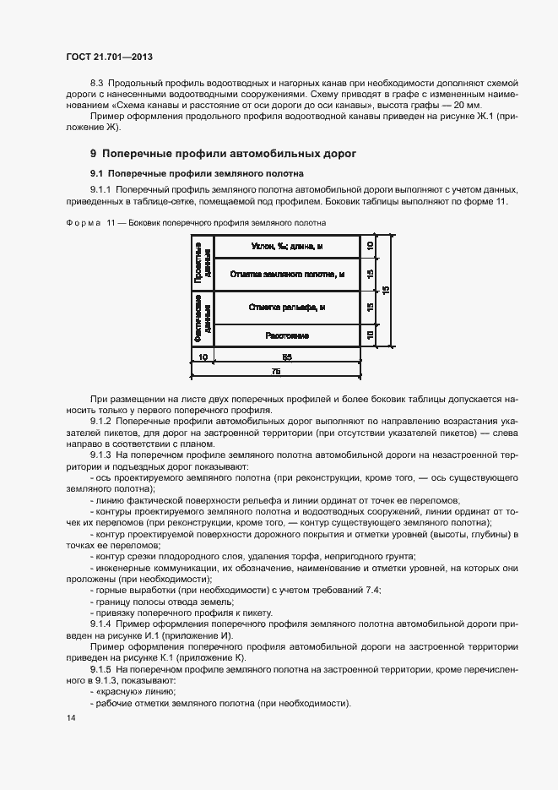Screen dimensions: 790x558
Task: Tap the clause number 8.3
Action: coord(95,84)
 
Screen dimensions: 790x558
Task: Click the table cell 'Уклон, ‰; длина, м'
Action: coord(287,246)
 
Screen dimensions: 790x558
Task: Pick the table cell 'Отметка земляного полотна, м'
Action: coord(287,274)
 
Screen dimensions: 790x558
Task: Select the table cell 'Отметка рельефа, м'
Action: coord(287,307)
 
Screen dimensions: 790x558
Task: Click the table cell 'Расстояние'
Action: coord(287,335)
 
